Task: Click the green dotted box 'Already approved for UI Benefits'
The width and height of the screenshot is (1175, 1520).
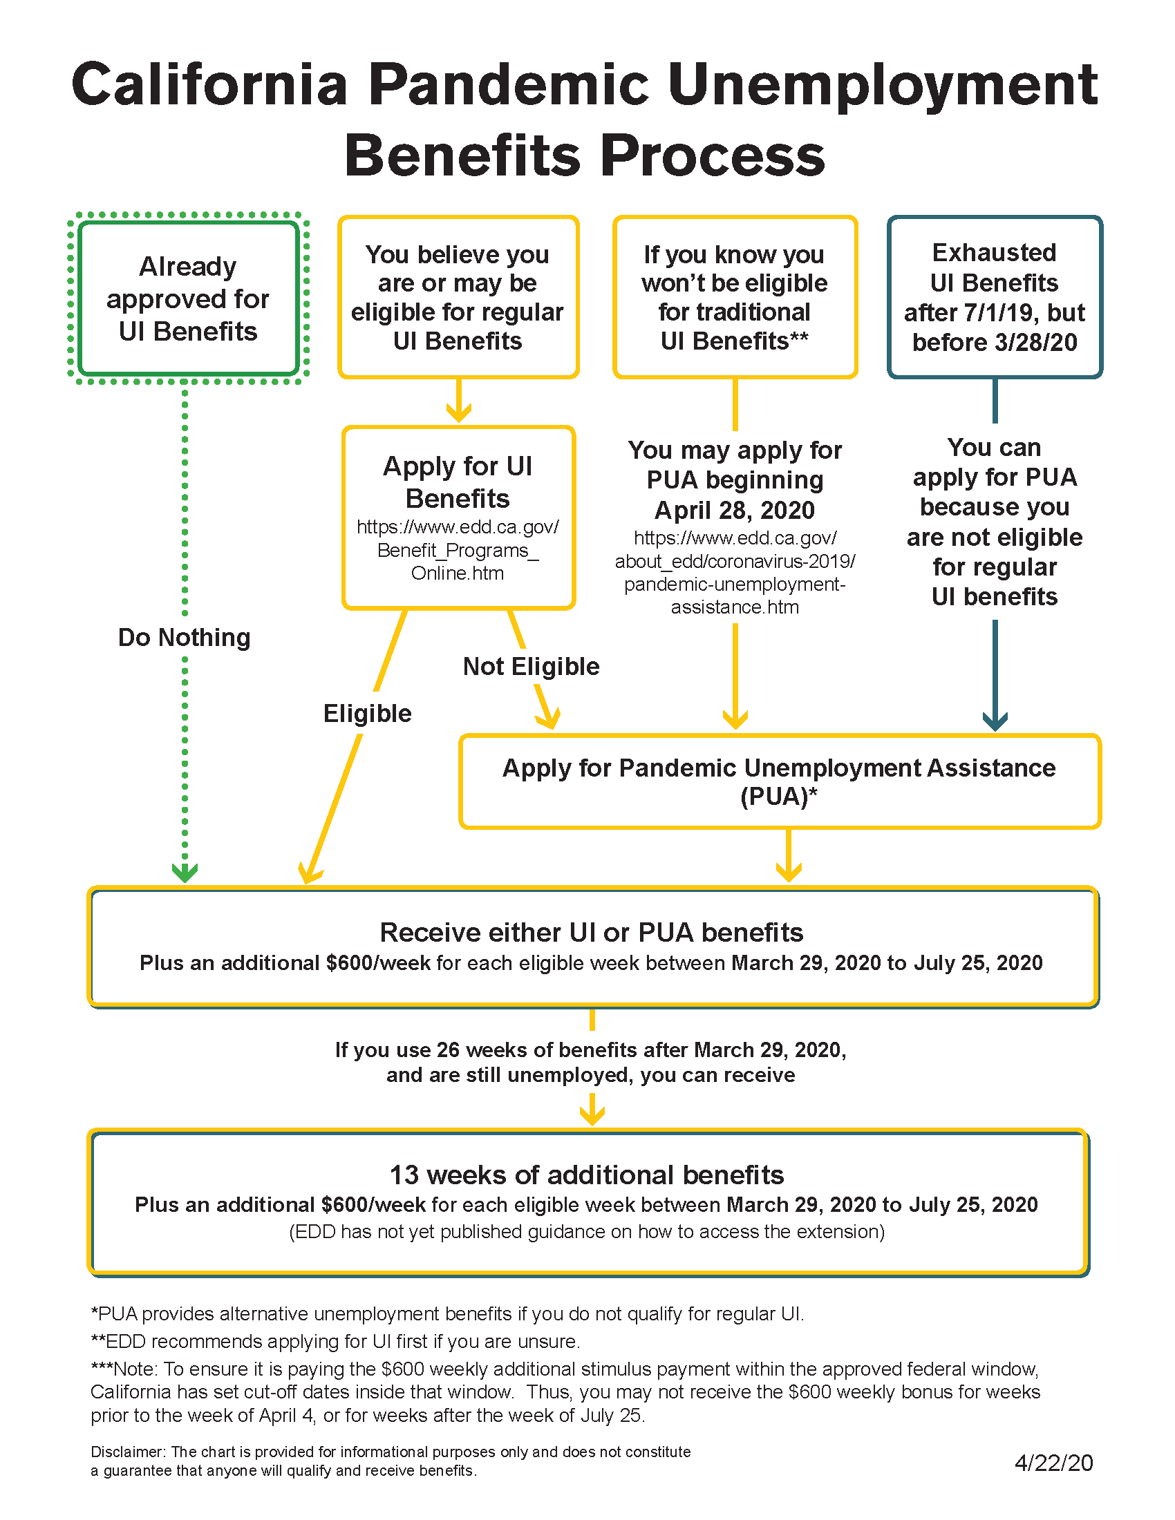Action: point(187,298)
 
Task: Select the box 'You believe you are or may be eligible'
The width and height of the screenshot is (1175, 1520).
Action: point(458,297)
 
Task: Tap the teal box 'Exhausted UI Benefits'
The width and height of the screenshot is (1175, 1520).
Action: point(994,297)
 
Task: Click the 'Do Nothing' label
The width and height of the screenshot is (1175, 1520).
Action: point(184,637)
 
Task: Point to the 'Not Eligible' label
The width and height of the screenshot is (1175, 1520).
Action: point(530,666)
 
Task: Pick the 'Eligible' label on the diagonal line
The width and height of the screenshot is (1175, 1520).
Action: point(367,714)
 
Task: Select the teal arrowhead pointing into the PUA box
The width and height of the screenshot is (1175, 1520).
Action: point(995,721)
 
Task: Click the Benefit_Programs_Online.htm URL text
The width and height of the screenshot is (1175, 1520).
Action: point(458,550)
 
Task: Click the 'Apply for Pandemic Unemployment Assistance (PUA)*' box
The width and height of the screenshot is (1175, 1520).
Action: point(779,781)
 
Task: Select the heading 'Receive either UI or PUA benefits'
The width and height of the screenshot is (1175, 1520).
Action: point(591,932)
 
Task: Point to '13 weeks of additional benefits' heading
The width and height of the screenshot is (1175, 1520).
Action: point(586,1174)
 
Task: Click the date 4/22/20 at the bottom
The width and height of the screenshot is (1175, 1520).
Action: point(1053,1462)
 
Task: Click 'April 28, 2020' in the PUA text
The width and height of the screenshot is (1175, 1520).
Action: point(734,510)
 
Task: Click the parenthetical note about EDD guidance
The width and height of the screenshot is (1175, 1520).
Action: point(586,1231)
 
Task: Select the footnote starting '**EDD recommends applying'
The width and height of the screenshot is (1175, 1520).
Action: point(335,1341)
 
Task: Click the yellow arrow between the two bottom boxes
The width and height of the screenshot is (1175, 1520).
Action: point(592,1110)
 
